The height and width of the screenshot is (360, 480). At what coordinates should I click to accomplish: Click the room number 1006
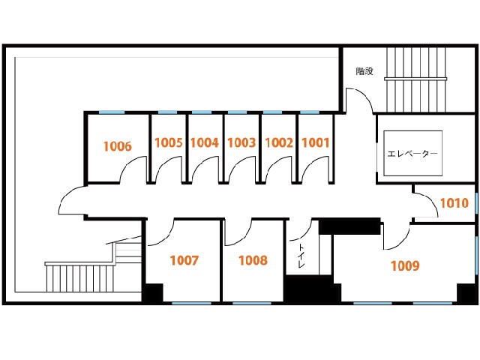118,146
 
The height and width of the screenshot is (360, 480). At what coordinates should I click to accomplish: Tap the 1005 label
168,142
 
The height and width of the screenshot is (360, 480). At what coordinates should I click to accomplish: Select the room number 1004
205,142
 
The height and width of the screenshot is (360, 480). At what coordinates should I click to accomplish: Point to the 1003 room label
241,142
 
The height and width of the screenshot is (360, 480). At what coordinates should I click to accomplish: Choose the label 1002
279,142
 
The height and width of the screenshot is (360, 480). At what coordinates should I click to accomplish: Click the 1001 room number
315,142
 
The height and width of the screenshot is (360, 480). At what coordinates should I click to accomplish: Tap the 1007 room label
184,260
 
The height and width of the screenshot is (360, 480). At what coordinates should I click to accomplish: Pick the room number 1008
253,260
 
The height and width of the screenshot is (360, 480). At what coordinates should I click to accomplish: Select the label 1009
405,265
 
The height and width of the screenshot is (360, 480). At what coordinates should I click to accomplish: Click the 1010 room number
454,203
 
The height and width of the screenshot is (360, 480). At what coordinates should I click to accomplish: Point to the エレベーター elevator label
412,153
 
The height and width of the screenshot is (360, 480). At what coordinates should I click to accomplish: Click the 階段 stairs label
364,71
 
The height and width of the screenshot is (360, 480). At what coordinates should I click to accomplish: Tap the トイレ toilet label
301,256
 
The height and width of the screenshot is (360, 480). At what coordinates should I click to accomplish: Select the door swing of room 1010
432,199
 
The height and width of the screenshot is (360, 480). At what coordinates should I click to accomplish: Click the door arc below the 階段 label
367,95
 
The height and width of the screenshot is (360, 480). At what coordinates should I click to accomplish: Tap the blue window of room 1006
112,112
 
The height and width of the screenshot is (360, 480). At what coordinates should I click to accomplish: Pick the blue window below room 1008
252,303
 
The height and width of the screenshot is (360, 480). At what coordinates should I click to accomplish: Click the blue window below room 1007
191,303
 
